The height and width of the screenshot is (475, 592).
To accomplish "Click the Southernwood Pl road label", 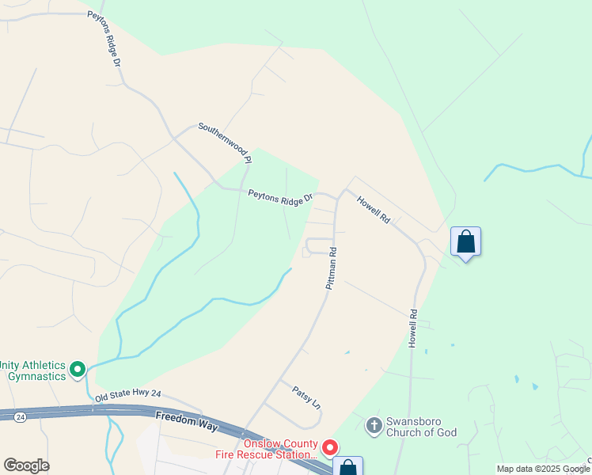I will point(225,143).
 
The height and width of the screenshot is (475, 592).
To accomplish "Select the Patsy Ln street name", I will point(306,397).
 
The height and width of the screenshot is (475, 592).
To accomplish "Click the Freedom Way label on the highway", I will point(187,420).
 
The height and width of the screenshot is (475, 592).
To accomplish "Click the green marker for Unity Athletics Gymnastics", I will point(78,369).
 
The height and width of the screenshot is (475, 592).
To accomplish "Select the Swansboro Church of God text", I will point(423,426).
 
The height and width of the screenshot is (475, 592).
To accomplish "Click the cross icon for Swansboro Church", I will point(374,426).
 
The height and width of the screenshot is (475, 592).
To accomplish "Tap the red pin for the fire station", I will point(331,449).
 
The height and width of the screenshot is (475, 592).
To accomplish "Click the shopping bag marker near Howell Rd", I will point(466,241).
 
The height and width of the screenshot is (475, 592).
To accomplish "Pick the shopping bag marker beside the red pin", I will point(347,468).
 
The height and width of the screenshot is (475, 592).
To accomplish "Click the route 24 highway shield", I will point(21,415).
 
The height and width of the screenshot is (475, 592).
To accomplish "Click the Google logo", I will point(26,465).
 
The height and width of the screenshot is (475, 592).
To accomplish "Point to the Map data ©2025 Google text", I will point(543,469).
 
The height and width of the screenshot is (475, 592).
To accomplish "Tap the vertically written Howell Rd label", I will point(412,328).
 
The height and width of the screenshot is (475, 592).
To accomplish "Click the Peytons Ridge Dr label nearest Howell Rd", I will point(280,198).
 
